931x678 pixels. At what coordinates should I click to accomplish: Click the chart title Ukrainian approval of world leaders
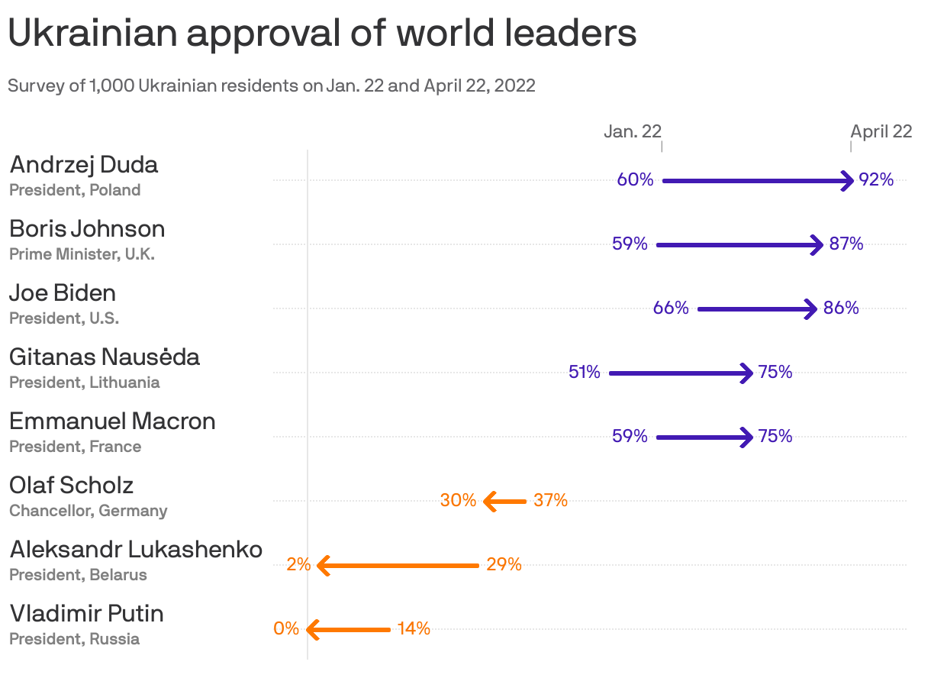(321, 34)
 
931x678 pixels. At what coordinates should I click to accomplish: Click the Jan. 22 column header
(632, 131)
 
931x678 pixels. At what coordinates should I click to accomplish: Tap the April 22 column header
(881, 131)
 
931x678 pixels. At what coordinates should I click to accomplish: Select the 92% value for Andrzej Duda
(875, 180)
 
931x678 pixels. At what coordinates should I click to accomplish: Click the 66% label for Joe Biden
(671, 308)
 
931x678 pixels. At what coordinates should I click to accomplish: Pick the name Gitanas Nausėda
(105, 357)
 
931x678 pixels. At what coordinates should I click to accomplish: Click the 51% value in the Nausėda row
(585, 373)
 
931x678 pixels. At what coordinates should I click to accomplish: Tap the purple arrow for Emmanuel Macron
(704, 437)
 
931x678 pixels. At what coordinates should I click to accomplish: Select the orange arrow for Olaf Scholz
(504, 502)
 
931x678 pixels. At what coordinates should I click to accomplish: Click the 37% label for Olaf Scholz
(550, 501)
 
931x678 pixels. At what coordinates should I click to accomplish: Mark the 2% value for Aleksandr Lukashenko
(298, 565)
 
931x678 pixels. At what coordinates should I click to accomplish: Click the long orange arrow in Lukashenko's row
(398, 566)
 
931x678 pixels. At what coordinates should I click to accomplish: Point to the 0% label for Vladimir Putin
(286, 629)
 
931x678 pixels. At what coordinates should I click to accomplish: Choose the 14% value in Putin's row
(414, 629)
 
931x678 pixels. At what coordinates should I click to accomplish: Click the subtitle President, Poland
(75, 190)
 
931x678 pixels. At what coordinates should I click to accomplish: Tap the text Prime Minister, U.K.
(82, 254)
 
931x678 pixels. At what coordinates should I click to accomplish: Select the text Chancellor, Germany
(88, 511)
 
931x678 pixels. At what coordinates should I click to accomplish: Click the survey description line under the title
(271, 86)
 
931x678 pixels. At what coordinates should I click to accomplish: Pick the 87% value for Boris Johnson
(846, 244)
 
